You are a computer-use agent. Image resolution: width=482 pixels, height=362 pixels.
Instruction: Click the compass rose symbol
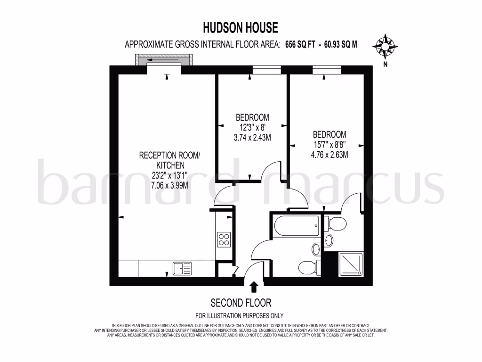pos(385,46)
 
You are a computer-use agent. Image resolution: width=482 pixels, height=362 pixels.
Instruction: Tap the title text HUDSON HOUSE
pos(241,28)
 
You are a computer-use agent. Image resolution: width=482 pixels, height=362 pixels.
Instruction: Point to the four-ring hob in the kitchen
pos(224,239)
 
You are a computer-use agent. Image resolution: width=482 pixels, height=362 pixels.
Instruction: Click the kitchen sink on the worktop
pos(182,268)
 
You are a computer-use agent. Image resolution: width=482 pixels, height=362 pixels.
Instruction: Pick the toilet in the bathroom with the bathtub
pos(309,267)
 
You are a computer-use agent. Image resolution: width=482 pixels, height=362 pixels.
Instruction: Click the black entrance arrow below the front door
pos(254,286)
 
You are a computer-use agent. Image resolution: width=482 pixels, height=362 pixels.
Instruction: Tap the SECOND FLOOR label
pos(241,303)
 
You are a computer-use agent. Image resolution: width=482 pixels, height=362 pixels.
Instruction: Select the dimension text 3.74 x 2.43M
pos(252,138)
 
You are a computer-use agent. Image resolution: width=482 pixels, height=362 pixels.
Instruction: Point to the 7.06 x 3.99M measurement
pos(170,185)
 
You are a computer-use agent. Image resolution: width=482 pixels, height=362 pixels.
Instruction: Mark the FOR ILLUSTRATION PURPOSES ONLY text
pos(240,315)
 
